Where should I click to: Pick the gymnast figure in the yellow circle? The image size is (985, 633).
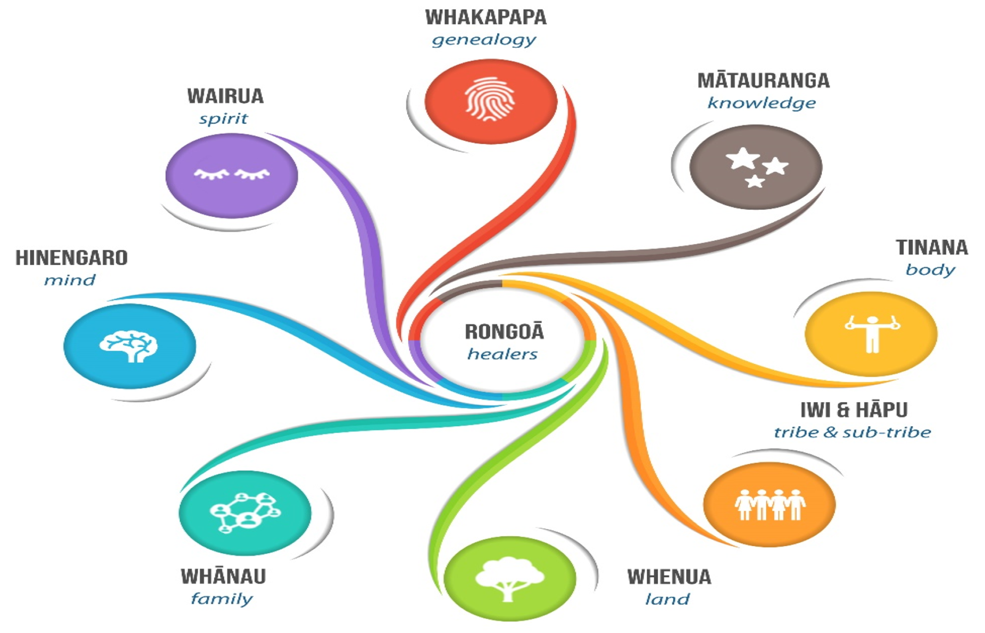pos(872,334)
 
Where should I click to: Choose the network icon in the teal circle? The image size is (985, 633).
pos(245,512)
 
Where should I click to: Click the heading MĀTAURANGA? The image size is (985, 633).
pos(763,80)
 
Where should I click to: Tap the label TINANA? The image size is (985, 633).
pos(932,247)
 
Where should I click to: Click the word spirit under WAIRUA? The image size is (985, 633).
pos(223,119)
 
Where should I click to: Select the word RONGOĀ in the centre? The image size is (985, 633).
pos(504,332)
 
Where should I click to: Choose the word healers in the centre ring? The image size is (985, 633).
pos(502,354)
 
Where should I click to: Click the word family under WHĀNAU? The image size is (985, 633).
pos(222,599)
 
